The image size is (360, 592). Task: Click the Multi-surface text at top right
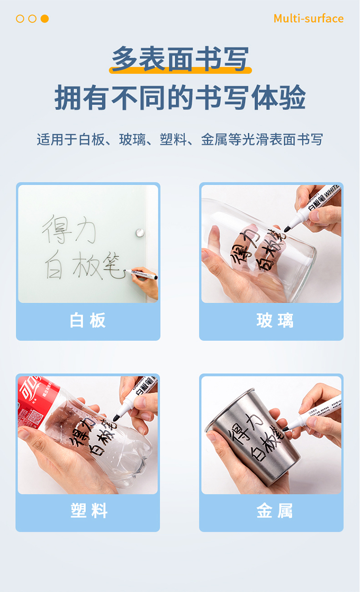(308, 19)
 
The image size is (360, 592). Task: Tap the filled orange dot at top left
(45, 19)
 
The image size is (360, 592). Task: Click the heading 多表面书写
(180, 59)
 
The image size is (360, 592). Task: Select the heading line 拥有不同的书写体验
(180, 98)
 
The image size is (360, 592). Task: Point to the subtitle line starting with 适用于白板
(180, 140)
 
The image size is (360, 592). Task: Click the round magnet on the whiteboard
(140, 232)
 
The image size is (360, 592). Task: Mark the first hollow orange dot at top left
(20, 19)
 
